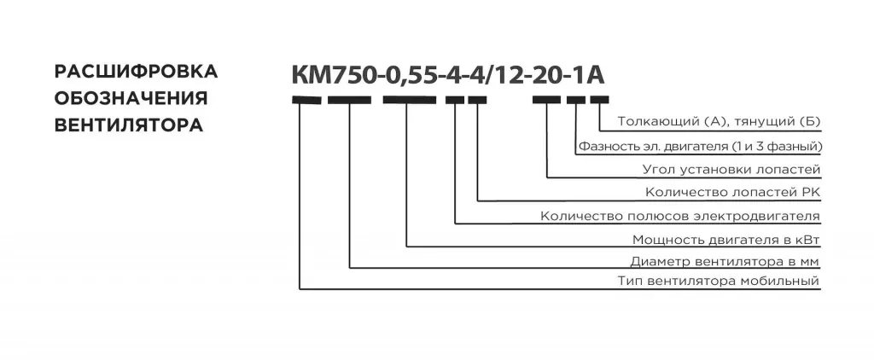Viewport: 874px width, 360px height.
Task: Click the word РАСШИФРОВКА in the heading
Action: (136, 72)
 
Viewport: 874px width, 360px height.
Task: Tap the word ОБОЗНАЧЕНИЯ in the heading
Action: (131, 99)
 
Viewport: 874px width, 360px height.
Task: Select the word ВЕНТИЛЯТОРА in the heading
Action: (129, 125)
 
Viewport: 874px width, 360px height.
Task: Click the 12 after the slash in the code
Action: (510, 75)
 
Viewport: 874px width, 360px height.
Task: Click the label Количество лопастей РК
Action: (733, 192)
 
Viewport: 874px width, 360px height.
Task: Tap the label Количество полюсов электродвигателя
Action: (680, 216)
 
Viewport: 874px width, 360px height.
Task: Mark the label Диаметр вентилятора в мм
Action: (725, 261)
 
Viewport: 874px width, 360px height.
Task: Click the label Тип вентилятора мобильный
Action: (719, 282)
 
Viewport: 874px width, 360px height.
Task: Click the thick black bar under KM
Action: (306, 101)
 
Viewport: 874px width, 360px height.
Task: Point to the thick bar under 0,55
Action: (409, 101)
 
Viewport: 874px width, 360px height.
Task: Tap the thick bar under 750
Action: (349, 101)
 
